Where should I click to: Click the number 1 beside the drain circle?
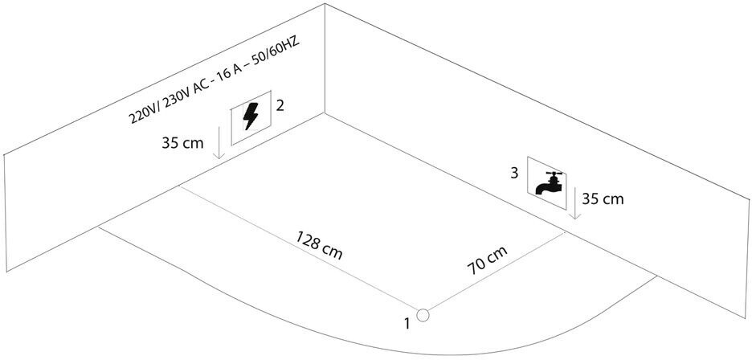tap(407, 324)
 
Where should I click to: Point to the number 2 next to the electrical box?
tap(280, 105)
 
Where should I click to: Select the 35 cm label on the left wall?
tap(181, 145)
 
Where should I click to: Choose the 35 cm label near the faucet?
tap(603, 198)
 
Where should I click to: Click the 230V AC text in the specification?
tap(183, 92)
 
